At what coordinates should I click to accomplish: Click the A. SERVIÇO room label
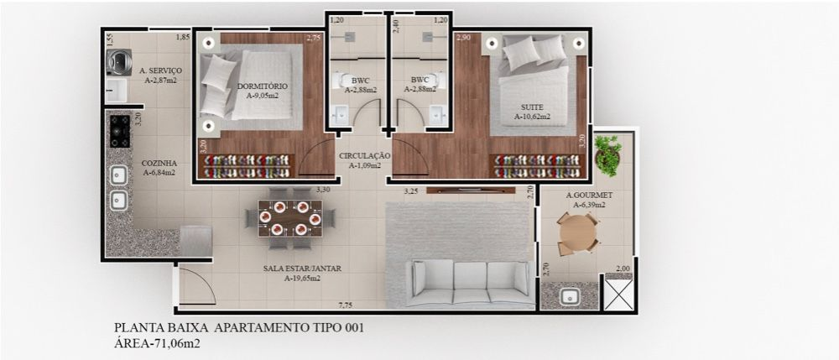[x=160, y=70]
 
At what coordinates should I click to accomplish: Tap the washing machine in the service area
[x=119, y=61]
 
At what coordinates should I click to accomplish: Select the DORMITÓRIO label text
[x=262, y=86]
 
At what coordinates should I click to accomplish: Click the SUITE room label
[x=533, y=107]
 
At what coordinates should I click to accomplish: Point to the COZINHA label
[x=159, y=163]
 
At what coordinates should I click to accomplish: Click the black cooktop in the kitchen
[x=120, y=131]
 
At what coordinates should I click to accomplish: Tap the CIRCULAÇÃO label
[x=364, y=155]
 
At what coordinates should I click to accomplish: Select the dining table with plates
[x=290, y=218]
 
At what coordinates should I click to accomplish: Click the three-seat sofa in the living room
[x=471, y=283]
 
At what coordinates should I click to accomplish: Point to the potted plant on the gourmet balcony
[x=607, y=154]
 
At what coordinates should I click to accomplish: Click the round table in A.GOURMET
[x=577, y=233]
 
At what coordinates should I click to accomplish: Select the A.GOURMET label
[x=589, y=196]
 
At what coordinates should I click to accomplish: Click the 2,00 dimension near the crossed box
[x=623, y=269]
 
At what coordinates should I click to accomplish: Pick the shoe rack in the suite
[x=538, y=166]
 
